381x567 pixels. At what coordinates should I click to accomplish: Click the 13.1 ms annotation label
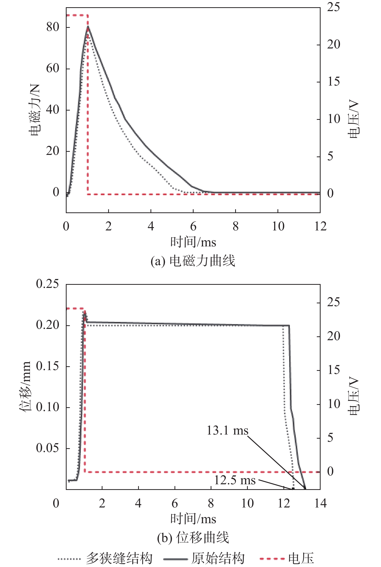point(227,431)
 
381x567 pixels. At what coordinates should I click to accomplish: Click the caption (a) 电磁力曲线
point(193,261)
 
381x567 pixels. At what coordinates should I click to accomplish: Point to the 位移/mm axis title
point(25,386)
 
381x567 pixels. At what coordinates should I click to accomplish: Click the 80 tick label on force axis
point(53,27)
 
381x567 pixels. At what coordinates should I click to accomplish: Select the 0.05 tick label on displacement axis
point(47,448)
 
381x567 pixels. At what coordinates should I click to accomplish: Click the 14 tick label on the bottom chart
point(320,503)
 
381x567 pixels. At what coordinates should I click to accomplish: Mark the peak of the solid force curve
point(88,26)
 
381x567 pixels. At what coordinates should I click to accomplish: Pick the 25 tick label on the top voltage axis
point(334,7)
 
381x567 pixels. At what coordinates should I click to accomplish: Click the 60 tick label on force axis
point(53,69)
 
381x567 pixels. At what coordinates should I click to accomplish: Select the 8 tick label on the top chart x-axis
point(235,226)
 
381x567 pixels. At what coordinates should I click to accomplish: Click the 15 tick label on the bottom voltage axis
point(334,370)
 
